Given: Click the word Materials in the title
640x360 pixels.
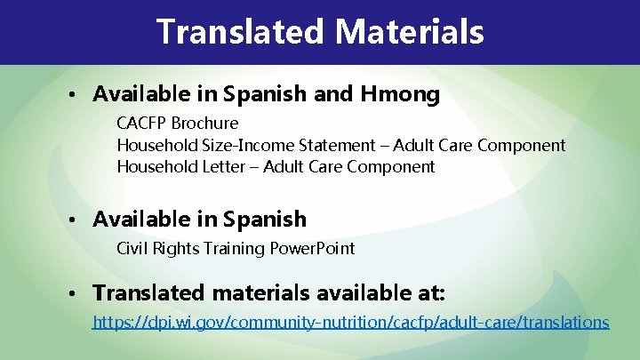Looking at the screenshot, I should (409, 32).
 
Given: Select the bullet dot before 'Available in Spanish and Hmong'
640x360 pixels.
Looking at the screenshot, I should (80, 94).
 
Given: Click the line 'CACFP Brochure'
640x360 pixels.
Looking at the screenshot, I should (177, 123).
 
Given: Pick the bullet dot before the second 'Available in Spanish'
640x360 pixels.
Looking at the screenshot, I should (80, 220).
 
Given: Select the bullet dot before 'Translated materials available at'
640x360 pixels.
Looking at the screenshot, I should (80, 293).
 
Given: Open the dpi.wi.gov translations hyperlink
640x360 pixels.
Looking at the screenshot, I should (351, 322).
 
